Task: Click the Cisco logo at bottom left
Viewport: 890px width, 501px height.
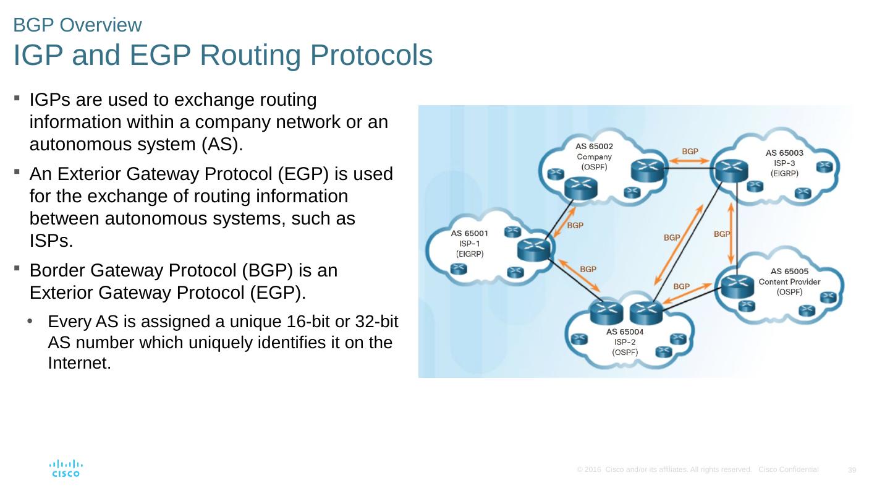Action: (x=66, y=468)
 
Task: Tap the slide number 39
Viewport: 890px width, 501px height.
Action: (x=852, y=471)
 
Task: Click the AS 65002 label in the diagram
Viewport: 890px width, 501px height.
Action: (x=594, y=147)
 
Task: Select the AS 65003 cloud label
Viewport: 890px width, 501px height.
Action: (x=784, y=152)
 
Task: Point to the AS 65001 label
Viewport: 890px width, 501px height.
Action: (x=470, y=233)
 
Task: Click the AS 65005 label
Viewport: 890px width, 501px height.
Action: (x=789, y=271)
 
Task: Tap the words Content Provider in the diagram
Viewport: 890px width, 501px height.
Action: (x=789, y=281)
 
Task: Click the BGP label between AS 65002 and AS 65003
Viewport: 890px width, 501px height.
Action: (x=690, y=151)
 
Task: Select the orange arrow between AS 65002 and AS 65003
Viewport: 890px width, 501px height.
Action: (x=690, y=161)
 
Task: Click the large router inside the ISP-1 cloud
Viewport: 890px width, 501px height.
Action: (x=534, y=249)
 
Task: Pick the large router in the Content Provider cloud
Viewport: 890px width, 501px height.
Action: (x=737, y=285)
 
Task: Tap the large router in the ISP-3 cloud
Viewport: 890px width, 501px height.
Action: (x=730, y=167)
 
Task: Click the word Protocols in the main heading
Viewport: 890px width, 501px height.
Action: (x=371, y=56)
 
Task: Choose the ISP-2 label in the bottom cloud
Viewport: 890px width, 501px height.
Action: (x=624, y=341)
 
